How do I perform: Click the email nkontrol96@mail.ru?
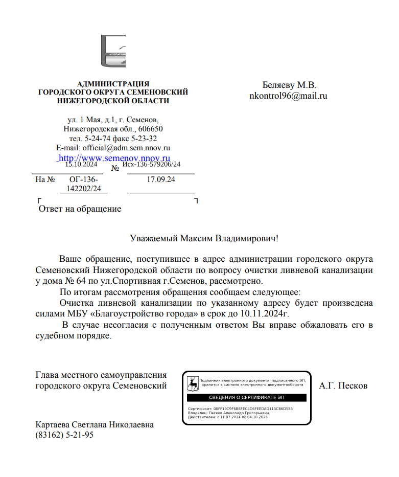[x=288, y=95]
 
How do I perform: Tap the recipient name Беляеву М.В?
[x=289, y=85]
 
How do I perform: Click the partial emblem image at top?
[x=113, y=52]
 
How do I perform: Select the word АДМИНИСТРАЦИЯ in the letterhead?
[x=113, y=84]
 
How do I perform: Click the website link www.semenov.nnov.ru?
[x=114, y=158]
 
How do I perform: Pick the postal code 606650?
[x=150, y=129]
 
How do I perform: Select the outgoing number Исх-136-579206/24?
[x=152, y=165]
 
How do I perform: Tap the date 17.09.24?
[x=161, y=180]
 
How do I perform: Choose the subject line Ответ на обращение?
[x=80, y=209]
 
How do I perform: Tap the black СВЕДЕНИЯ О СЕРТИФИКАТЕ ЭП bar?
[x=246, y=397]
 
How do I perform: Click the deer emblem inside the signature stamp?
[x=192, y=383]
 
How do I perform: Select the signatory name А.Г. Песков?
[x=343, y=385]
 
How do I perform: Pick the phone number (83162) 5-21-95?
[x=64, y=435]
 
